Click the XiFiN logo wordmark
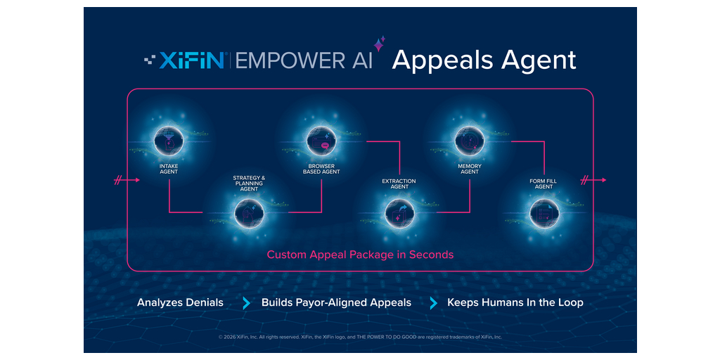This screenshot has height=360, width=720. [x=184, y=60]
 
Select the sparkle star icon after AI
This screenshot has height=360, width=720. [x=379, y=44]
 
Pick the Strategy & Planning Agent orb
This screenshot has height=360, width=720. [x=248, y=212]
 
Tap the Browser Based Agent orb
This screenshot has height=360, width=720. [x=321, y=139]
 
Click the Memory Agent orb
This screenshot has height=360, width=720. [x=469, y=139]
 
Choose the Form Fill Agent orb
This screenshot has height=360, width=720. [x=544, y=212]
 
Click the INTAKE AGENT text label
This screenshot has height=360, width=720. [x=169, y=169]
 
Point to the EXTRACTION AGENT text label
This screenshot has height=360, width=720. [x=399, y=184]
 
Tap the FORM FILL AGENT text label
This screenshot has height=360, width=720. [x=544, y=184]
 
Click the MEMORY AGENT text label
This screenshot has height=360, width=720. [x=469, y=169]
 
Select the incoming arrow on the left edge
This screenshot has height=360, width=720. [x=127, y=181]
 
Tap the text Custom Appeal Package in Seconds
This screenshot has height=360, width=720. [x=360, y=255]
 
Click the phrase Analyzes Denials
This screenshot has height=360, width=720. [x=180, y=302]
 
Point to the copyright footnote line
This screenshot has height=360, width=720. [x=360, y=337]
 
